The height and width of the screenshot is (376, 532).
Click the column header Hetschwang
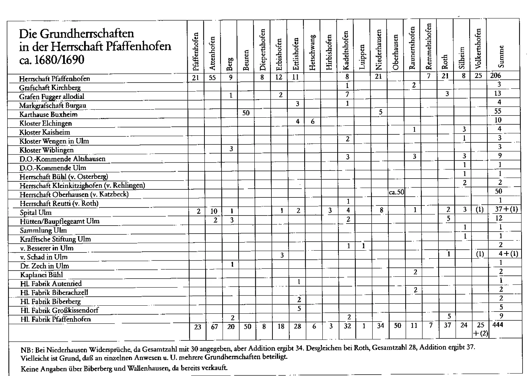pos(313,52)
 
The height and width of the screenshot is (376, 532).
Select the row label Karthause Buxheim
pos(48,114)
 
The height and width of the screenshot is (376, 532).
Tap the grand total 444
pos(497,325)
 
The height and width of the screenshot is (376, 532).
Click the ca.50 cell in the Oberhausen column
pos(396,192)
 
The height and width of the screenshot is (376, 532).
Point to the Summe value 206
pos(495,76)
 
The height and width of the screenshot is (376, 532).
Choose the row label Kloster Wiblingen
pos(46,150)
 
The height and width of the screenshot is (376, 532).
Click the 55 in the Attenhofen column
pos(212,77)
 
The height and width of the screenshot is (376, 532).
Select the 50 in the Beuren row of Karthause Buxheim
pos(246,113)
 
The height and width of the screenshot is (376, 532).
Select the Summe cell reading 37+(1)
pos(506,209)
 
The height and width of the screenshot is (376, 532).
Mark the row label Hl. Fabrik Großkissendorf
pos(59,310)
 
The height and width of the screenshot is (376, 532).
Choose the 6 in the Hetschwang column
pos(313,121)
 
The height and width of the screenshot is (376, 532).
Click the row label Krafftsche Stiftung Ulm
pos(55,239)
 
